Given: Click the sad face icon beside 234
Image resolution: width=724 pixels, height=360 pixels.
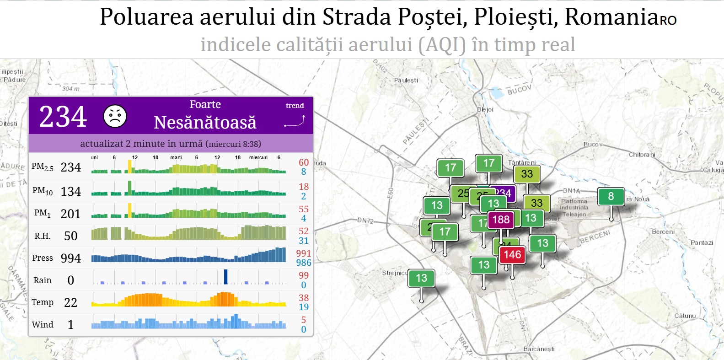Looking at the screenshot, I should click(x=115, y=116).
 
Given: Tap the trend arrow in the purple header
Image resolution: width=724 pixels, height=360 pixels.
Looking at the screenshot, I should click(x=295, y=121).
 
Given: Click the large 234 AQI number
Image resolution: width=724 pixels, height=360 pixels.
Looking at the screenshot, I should click(x=63, y=116).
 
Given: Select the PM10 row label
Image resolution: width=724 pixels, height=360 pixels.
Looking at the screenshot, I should click(x=43, y=191).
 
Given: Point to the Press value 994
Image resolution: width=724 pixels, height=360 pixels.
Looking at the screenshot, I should click(x=71, y=258).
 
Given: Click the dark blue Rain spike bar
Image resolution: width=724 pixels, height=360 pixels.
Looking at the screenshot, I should click(x=225, y=277).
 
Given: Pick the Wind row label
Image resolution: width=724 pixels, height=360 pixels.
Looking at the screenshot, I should click(x=43, y=324).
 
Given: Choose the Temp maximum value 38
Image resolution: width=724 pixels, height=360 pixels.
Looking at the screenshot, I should click(x=304, y=297).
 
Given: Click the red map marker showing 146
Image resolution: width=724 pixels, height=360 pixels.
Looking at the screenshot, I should click(x=512, y=254).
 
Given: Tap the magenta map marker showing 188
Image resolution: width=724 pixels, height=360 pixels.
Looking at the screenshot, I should click(x=501, y=220).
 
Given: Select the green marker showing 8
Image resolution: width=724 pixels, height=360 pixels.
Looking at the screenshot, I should click(x=611, y=196).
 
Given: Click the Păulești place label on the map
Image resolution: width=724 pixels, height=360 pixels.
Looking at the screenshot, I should click(x=406, y=80).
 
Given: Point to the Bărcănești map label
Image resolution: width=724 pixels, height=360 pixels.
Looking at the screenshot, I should click(x=539, y=349).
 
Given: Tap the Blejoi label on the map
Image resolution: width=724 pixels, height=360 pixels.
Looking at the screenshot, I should click(x=485, y=109).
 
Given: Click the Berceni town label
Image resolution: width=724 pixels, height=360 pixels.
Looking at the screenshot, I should click(x=663, y=232).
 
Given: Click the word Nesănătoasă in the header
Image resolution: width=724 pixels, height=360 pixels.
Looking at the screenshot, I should click(x=205, y=123).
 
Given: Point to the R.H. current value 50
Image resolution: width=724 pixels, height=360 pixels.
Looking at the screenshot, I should click(x=71, y=236).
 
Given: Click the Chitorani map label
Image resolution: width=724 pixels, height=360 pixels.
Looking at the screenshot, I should click(x=642, y=155).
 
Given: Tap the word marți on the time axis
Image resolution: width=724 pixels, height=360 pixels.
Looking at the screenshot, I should click(x=176, y=157).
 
